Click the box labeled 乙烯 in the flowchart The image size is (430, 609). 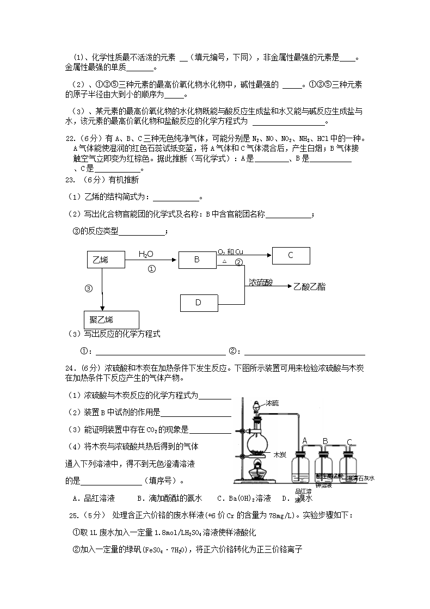click(x=106, y=260)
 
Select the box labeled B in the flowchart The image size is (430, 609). click(x=197, y=260)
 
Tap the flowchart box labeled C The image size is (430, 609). click(x=291, y=255)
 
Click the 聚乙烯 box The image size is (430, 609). click(x=110, y=319)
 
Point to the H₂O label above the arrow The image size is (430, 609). click(x=146, y=254)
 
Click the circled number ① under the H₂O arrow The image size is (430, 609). click(x=152, y=269)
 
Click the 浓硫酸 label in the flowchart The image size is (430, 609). click(x=261, y=283)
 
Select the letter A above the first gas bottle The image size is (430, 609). click(x=305, y=440)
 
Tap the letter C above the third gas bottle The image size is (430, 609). click(x=349, y=441)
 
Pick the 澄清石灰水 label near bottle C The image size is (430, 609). click(x=361, y=478)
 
